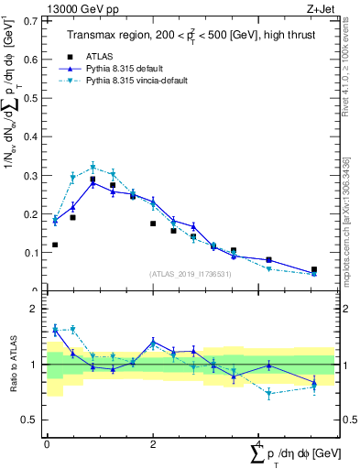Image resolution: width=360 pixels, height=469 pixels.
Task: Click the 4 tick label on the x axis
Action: click(x=258, y=443)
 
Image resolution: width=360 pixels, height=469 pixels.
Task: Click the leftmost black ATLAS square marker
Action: click(x=55, y=245)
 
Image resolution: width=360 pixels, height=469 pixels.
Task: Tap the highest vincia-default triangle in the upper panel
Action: click(x=93, y=167)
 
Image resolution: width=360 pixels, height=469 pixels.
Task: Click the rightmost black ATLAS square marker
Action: click(x=314, y=269)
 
